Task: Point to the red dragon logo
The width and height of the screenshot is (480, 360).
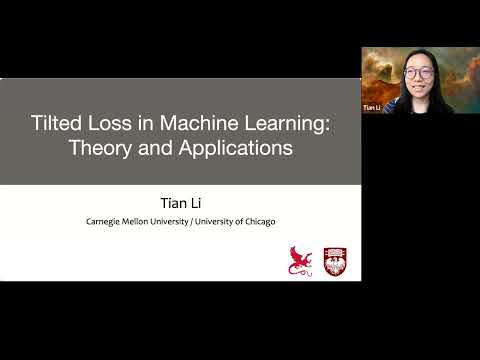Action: coord(300,260)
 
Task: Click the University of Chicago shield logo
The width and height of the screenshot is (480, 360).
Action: coord(335,260)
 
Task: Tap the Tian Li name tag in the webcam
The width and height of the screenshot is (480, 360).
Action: coord(372,104)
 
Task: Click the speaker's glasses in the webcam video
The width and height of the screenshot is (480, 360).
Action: coord(419,72)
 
